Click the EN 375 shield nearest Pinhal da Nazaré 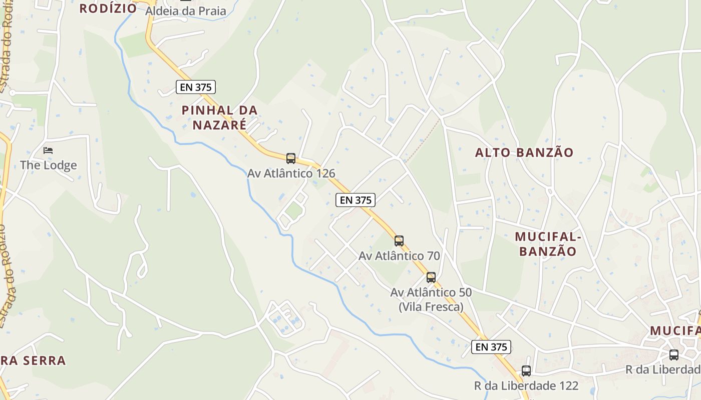click(x=196, y=87)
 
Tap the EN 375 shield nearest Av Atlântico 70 click(x=356, y=200)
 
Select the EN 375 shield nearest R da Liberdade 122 click(x=491, y=347)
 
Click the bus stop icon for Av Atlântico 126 click(x=291, y=158)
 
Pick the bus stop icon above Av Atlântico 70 click(x=399, y=241)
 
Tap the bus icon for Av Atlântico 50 click(x=431, y=277)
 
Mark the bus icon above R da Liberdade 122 click(x=526, y=371)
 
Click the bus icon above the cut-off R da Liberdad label click(x=674, y=355)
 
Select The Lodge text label click(x=49, y=165)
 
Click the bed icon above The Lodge click(x=48, y=150)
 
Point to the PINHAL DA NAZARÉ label click(x=219, y=117)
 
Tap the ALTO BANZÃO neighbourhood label click(x=524, y=153)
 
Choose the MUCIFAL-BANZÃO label click(x=548, y=243)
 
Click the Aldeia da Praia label click(x=186, y=11)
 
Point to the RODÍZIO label click(x=108, y=8)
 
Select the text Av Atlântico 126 click(x=291, y=173)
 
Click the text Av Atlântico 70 click(x=399, y=256)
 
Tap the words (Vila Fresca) click(x=431, y=306)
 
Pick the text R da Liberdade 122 click(x=526, y=386)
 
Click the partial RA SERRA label click(x=33, y=360)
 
